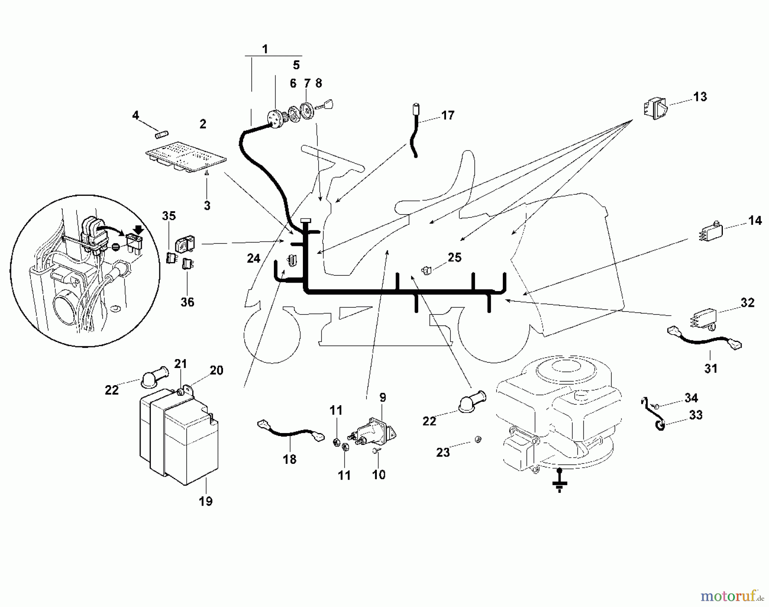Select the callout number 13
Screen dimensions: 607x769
point(700,97)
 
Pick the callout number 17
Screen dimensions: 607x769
point(447,115)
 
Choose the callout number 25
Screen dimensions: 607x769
point(455,257)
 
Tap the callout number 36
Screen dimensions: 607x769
point(187,302)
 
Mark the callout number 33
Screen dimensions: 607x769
point(696,415)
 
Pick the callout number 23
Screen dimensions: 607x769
point(443,452)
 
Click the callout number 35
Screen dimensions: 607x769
point(169,216)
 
